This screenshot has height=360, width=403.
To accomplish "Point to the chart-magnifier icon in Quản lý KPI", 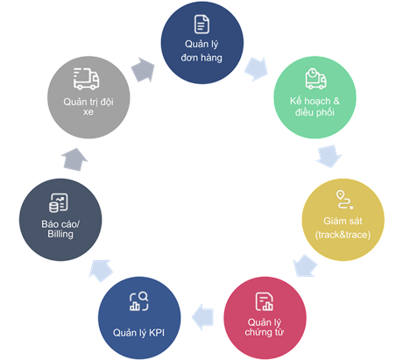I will click(140, 301).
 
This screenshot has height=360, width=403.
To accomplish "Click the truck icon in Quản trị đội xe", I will click(86, 79).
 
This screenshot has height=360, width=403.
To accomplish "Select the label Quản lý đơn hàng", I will click(201, 51).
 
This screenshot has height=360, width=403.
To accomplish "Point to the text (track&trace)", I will click(343, 235).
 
